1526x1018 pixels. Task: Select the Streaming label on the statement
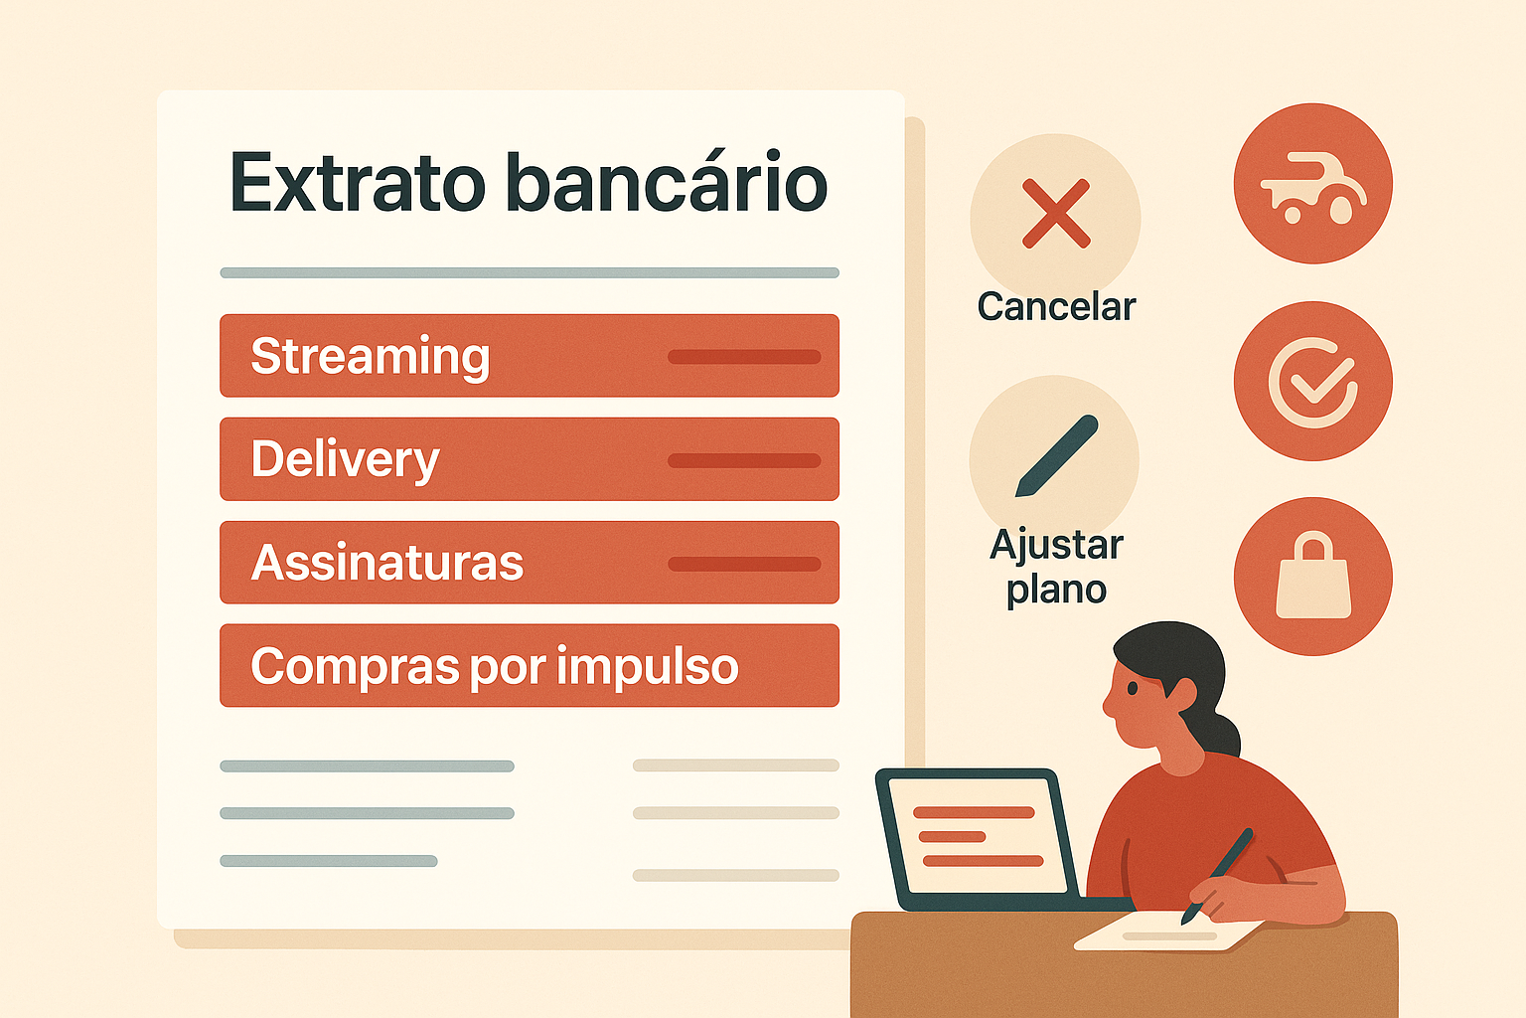[370, 357]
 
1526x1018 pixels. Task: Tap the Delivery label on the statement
[346, 460]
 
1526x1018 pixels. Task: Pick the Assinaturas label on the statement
[386, 564]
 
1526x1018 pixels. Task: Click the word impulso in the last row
[647, 667]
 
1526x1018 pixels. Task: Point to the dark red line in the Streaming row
[744, 357]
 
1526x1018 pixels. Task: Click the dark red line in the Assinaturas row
[744, 564]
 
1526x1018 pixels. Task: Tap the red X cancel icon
[1056, 214]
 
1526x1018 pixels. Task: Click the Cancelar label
[1057, 307]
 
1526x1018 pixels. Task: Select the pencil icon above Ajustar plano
[1057, 455]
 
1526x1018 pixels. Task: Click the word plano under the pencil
[1057, 590]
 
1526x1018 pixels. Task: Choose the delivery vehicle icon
[1313, 190]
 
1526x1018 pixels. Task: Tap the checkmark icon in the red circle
[1312, 383]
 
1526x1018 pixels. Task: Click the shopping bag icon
[1313, 575]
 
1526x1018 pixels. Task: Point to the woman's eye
[1133, 688]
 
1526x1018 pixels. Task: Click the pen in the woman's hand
[1217, 876]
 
